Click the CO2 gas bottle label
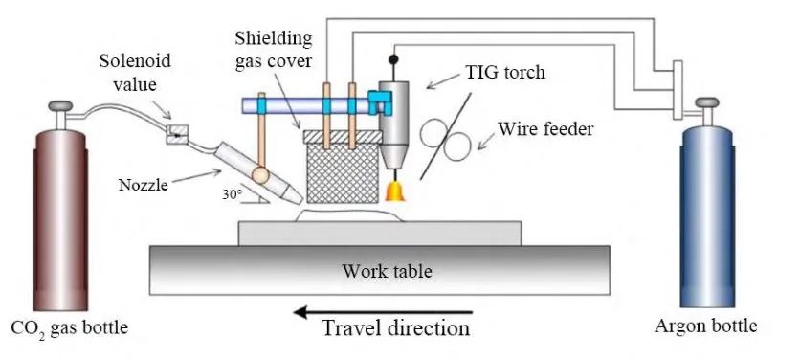point(70,327)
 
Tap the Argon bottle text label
point(705,326)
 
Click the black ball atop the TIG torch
point(393,59)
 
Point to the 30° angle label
point(232,194)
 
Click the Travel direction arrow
point(383,312)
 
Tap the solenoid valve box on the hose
point(177,135)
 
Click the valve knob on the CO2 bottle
point(60,105)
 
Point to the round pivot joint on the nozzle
point(260,175)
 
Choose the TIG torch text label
point(504,72)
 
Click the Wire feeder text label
point(545,129)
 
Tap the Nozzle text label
point(144,185)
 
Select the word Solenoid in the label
point(135,61)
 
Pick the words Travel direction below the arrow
point(396,328)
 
